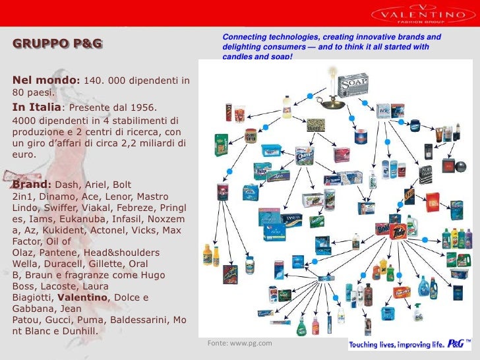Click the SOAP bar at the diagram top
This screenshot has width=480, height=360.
pyautogui.click(x=353, y=84)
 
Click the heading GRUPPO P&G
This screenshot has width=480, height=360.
pyautogui.click(x=57, y=44)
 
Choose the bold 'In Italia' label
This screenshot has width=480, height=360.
pyautogui.click(x=36, y=107)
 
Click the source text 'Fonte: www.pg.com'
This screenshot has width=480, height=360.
pyautogui.click(x=239, y=344)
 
